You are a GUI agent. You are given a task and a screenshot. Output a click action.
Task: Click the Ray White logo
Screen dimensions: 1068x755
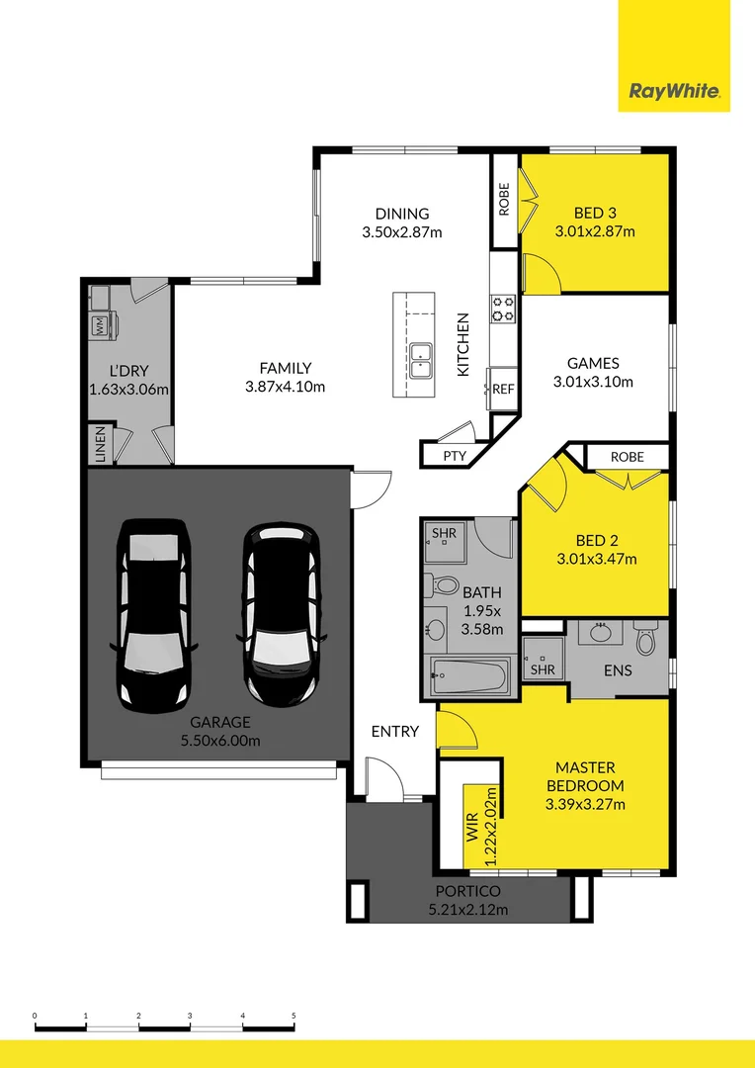(x=675, y=93)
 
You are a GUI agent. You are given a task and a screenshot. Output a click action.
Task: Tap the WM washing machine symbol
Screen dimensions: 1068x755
(x=100, y=324)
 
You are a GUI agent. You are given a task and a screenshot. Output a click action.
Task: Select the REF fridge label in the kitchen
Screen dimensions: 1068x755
(x=503, y=389)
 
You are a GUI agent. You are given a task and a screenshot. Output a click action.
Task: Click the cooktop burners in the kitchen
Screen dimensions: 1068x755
(x=503, y=310)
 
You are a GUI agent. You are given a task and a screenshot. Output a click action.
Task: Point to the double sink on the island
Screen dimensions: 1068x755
(x=422, y=359)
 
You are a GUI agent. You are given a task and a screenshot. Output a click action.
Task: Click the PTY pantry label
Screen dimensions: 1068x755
(x=454, y=456)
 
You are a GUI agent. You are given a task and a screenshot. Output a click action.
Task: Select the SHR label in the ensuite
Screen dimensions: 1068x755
(x=542, y=669)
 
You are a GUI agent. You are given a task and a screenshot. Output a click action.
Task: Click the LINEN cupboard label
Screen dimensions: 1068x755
(x=101, y=444)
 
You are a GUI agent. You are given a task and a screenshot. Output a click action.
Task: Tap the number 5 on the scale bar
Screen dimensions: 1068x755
(x=294, y=1016)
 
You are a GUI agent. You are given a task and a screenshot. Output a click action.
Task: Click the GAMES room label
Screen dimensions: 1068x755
(x=593, y=362)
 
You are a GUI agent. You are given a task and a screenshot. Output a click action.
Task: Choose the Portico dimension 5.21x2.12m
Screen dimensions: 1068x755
(x=467, y=910)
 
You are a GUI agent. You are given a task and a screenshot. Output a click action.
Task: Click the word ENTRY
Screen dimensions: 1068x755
(x=395, y=732)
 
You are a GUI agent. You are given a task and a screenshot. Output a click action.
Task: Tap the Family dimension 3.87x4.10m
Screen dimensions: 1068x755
(x=285, y=387)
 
